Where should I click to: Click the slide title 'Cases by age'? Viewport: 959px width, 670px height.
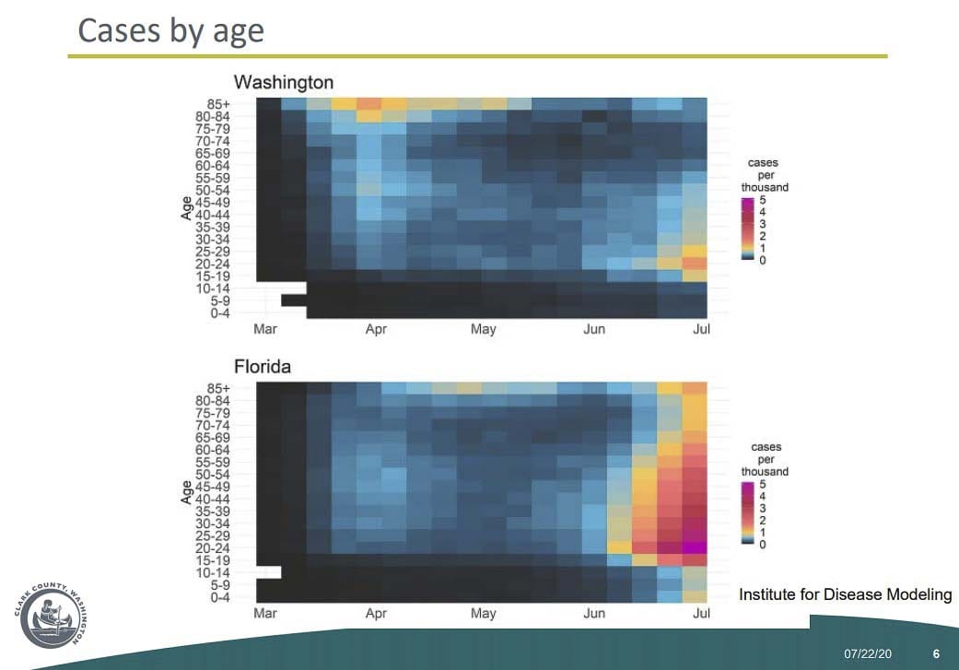point(170,30)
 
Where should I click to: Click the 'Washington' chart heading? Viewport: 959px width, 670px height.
point(283,82)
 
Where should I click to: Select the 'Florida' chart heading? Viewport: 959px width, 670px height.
point(262,367)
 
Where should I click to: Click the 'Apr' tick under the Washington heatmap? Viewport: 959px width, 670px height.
point(376,329)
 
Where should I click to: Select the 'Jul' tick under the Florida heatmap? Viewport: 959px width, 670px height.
point(702,613)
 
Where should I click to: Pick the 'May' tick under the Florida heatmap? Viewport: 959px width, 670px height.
point(483,613)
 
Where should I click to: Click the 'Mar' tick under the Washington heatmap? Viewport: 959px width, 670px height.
point(264,329)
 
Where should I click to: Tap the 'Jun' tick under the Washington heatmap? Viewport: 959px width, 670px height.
point(594,329)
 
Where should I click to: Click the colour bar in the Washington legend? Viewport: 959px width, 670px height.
point(747,229)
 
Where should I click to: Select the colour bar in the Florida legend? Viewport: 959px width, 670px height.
point(747,513)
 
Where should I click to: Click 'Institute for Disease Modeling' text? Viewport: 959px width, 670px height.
point(845,595)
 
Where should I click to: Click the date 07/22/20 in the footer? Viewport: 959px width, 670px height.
point(868,654)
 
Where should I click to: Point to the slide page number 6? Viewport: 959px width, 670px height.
point(936,654)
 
